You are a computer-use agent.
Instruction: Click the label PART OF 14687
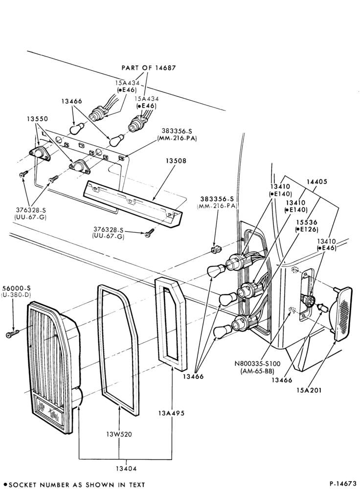[149, 67]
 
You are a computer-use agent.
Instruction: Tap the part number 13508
[176, 161]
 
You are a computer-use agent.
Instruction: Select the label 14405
[317, 181]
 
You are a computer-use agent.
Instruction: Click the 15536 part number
[307, 222]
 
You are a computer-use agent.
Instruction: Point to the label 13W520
[119, 434]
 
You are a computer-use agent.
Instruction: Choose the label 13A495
[171, 413]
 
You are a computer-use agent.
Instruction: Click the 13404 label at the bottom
[126, 468]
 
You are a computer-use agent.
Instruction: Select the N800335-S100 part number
[258, 364]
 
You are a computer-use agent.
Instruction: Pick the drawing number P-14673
[342, 484]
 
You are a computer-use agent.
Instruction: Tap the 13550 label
[37, 119]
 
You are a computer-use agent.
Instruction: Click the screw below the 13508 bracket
[149, 232]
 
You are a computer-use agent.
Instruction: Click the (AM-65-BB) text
[258, 371]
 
